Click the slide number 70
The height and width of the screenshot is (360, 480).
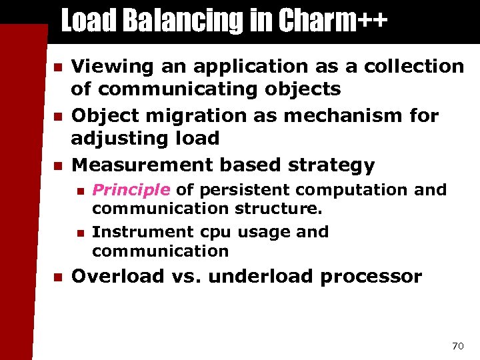(457, 345)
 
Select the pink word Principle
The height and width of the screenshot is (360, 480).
(131, 190)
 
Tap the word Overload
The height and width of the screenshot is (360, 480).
(118, 276)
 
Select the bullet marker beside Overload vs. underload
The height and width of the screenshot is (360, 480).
(58, 277)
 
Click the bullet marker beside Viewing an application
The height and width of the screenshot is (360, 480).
(58, 67)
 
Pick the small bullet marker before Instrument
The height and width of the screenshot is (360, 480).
(80, 233)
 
